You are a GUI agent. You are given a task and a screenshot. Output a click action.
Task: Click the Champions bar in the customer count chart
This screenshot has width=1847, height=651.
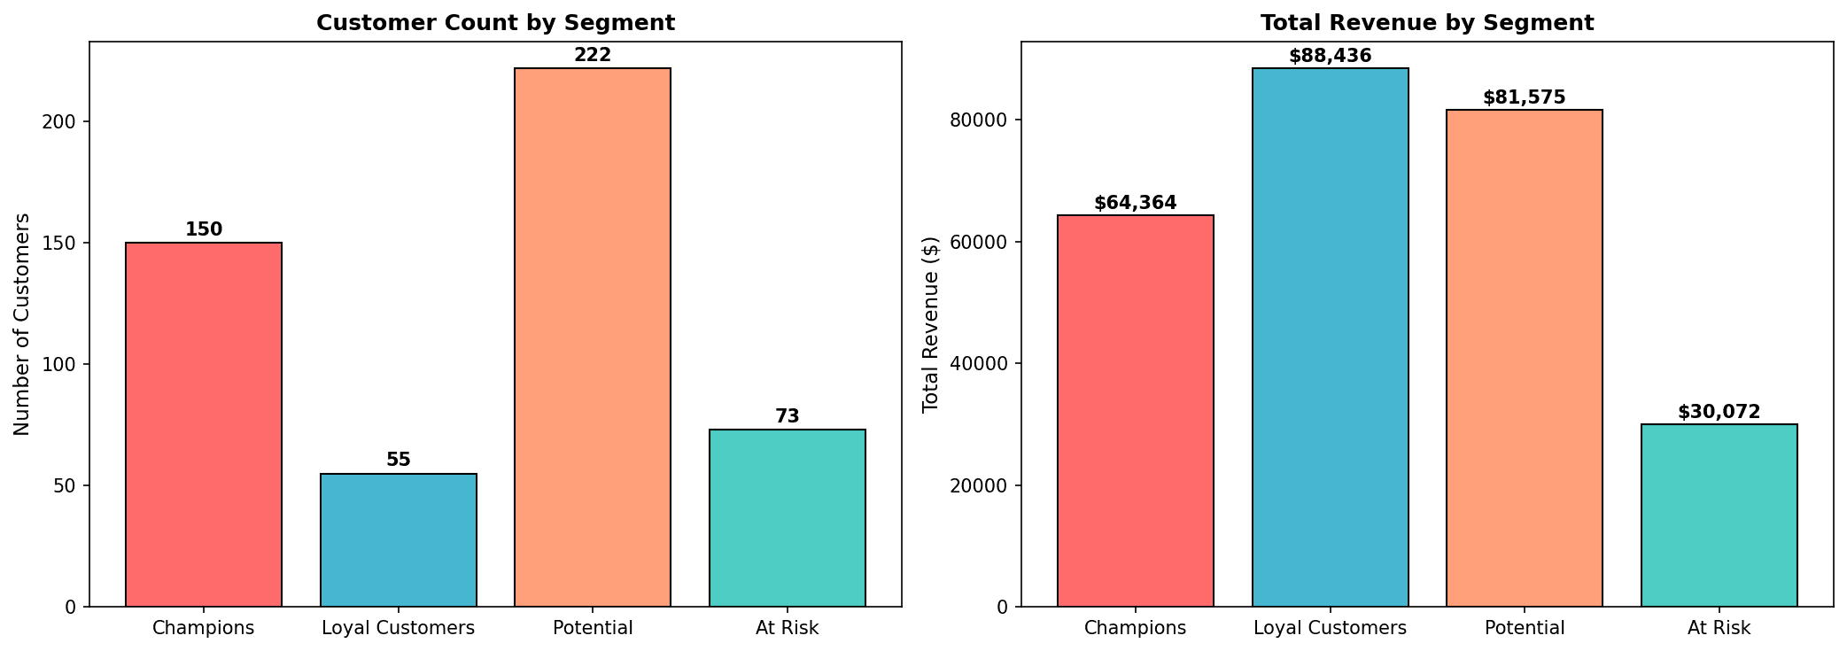pos(204,424)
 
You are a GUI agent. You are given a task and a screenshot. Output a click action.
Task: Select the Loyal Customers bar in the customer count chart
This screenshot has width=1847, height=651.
pos(399,540)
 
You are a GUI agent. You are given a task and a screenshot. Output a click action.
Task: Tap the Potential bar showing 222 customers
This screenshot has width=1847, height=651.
pos(593,337)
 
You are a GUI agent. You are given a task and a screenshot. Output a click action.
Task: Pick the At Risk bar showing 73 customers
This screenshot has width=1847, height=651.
pos(788,518)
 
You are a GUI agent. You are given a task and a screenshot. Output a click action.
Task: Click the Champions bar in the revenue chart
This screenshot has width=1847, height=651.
pos(1136,411)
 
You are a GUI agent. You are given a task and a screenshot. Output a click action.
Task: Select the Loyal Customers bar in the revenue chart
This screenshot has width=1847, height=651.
pos(1331,337)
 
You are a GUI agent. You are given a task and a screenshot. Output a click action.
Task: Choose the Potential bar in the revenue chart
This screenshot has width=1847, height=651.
pos(1525,358)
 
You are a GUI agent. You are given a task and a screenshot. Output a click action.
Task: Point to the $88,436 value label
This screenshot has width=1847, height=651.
pos(1331,56)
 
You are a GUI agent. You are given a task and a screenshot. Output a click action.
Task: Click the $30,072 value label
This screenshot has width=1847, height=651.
pos(1719,412)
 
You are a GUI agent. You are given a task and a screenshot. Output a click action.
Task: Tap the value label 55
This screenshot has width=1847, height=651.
pos(399,460)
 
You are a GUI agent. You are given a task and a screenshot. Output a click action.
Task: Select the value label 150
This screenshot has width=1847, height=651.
pos(204,229)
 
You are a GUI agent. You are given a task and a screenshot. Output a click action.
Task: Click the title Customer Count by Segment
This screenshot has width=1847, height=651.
pos(496,23)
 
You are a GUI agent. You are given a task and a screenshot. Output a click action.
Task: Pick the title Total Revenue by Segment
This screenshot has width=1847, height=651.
pos(1428,23)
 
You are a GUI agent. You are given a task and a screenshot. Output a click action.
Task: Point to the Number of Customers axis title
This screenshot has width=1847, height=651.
pos(22,324)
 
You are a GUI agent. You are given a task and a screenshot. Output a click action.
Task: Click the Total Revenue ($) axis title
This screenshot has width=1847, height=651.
pos(930,324)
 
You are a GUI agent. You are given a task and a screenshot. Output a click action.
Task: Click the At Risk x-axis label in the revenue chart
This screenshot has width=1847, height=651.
pos(1719,629)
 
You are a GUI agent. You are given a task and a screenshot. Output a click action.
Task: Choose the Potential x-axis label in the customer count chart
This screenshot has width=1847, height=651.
pos(593,629)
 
